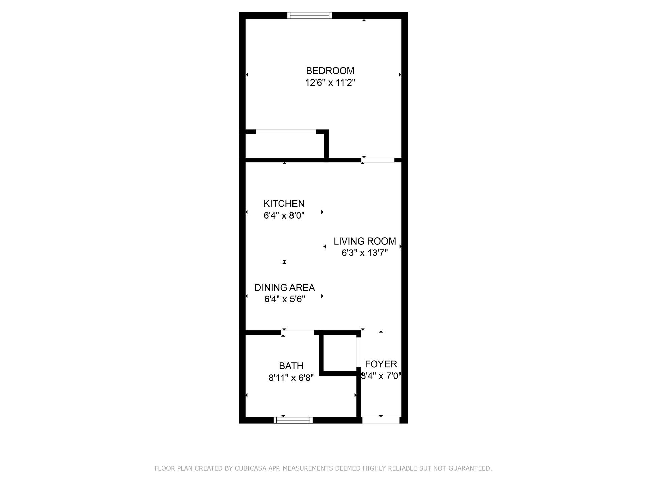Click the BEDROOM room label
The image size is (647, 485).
click(x=330, y=71)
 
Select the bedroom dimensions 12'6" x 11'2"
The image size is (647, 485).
click(x=330, y=83)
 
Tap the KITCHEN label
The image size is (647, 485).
click(x=284, y=204)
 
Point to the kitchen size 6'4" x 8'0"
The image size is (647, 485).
click(x=284, y=216)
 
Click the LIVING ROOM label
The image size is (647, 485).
click(x=365, y=241)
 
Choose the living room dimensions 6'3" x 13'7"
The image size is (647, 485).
click(x=365, y=253)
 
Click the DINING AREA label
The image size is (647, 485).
click(x=284, y=288)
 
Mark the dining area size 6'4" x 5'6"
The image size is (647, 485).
click(x=284, y=299)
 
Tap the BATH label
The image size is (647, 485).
click(x=291, y=366)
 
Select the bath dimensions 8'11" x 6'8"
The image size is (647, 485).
click(x=291, y=378)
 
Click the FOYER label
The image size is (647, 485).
click(x=381, y=364)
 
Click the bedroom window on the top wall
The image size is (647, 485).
click(x=309, y=15)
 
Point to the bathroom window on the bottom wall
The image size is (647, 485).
click(x=293, y=420)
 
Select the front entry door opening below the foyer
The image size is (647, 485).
click(x=380, y=420)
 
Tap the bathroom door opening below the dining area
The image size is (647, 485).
click(x=298, y=333)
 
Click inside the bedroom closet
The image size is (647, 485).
click(x=285, y=146)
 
